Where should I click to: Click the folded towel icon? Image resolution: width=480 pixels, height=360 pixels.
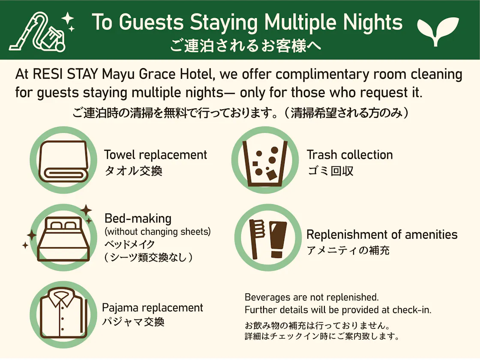(64, 161)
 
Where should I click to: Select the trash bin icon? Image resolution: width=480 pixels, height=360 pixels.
(265, 163)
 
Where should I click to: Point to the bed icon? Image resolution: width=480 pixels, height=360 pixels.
(64, 239)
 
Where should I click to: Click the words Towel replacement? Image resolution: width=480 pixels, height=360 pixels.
(156, 155)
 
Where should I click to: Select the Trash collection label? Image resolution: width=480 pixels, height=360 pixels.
(350, 155)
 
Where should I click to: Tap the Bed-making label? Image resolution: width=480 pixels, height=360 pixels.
(138, 219)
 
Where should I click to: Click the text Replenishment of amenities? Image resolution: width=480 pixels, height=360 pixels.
(382, 234)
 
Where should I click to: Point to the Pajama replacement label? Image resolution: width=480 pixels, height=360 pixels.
(153, 308)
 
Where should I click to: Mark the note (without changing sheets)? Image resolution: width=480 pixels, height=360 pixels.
(158, 232)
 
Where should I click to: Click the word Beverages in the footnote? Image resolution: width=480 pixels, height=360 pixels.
(267, 297)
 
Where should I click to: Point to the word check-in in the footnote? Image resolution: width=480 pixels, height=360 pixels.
(412, 310)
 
